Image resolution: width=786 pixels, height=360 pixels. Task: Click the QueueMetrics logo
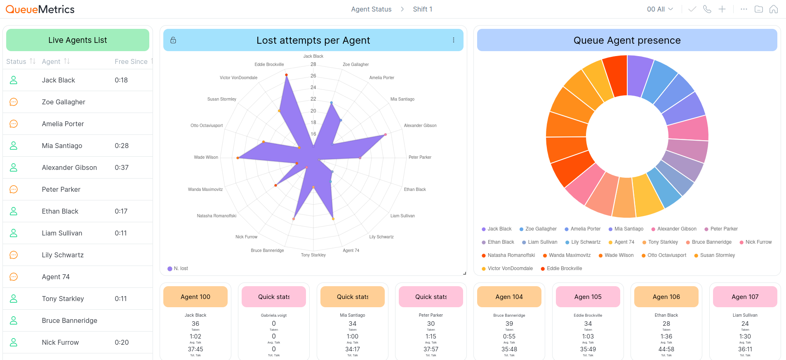click(40, 9)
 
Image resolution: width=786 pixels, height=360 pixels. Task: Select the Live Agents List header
click(78, 40)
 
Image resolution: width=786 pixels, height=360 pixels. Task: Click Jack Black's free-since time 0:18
click(121, 80)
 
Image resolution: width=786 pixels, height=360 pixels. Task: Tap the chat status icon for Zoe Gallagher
click(14, 102)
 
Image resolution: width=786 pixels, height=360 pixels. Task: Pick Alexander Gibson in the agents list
click(69, 167)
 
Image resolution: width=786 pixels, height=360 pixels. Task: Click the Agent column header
click(51, 61)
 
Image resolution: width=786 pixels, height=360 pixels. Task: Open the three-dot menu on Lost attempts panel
click(454, 40)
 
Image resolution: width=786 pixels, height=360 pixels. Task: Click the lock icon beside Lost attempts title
click(173, 40)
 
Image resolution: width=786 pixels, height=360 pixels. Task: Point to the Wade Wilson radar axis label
click(206, 157)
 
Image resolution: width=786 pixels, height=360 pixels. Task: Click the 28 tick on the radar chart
click(313, 64)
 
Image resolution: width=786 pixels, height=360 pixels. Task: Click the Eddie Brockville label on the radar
click(269, 64)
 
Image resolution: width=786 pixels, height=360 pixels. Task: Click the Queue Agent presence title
click(627, 40)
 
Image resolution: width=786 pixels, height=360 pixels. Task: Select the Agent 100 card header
click(195, 297)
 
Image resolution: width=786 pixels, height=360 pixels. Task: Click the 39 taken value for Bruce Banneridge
click(509, 324)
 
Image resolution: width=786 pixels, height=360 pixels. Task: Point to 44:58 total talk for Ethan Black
click(666, 349)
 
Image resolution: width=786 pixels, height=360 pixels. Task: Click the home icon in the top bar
click(774, 9)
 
